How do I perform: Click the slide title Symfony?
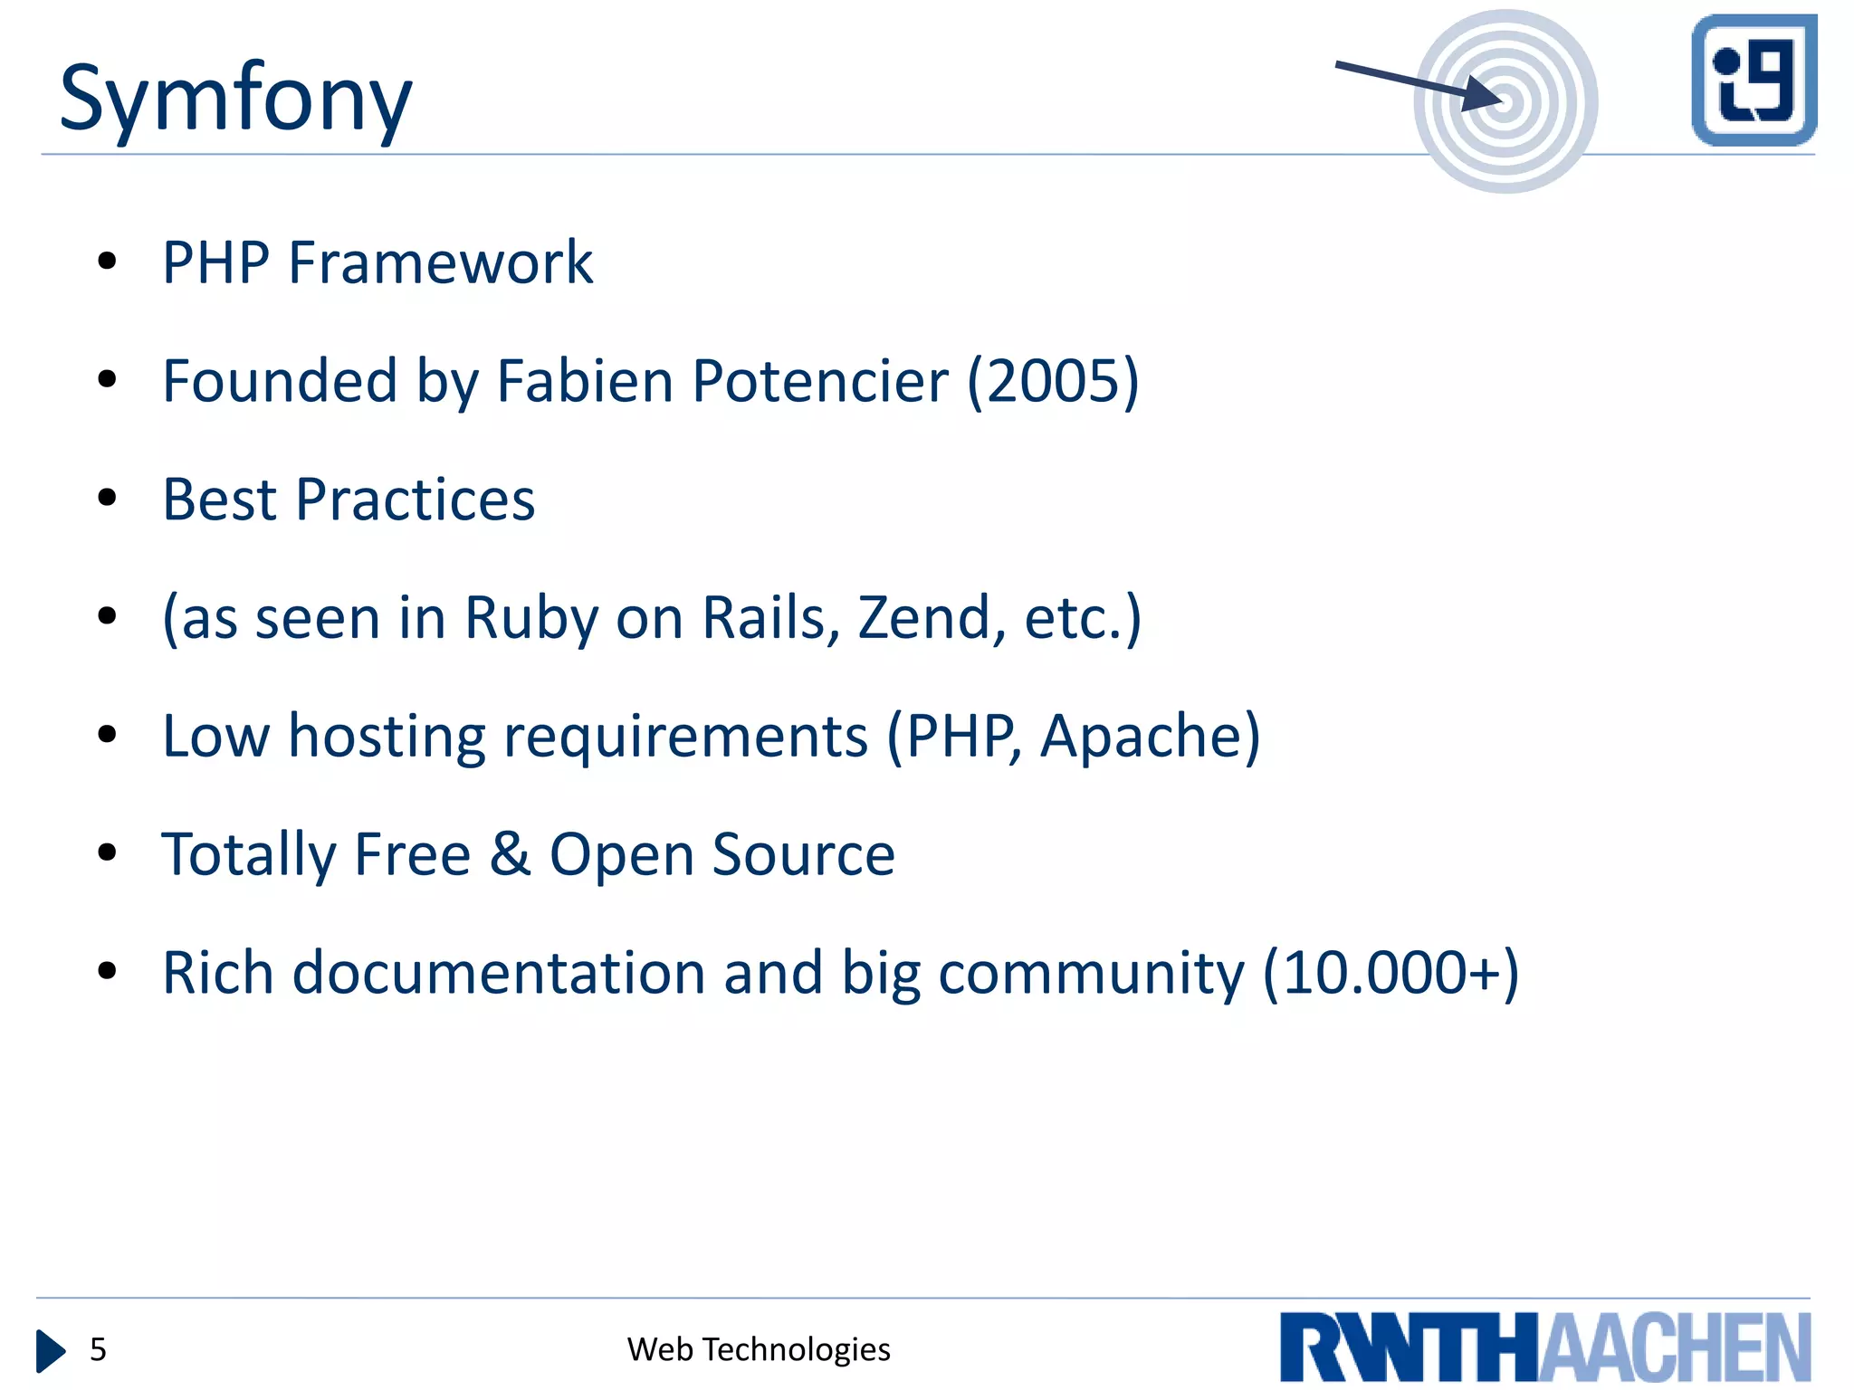[235, 98]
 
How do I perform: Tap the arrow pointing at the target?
[1417, 85]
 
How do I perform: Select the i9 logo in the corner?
[1754, 80]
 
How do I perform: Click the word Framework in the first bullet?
[440, 262]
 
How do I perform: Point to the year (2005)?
[1053, 381]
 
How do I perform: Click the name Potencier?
[820, 381]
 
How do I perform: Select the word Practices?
[416, 500]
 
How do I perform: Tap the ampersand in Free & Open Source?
[510, 854]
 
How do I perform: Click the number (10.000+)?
[1390, 973]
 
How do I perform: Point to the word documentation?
[499, 973]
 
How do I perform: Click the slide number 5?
[98, 1349]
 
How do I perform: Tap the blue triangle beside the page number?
[51, 1350]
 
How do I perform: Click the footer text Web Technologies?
[759, 1349]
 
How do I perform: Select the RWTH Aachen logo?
[1544, 1347]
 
